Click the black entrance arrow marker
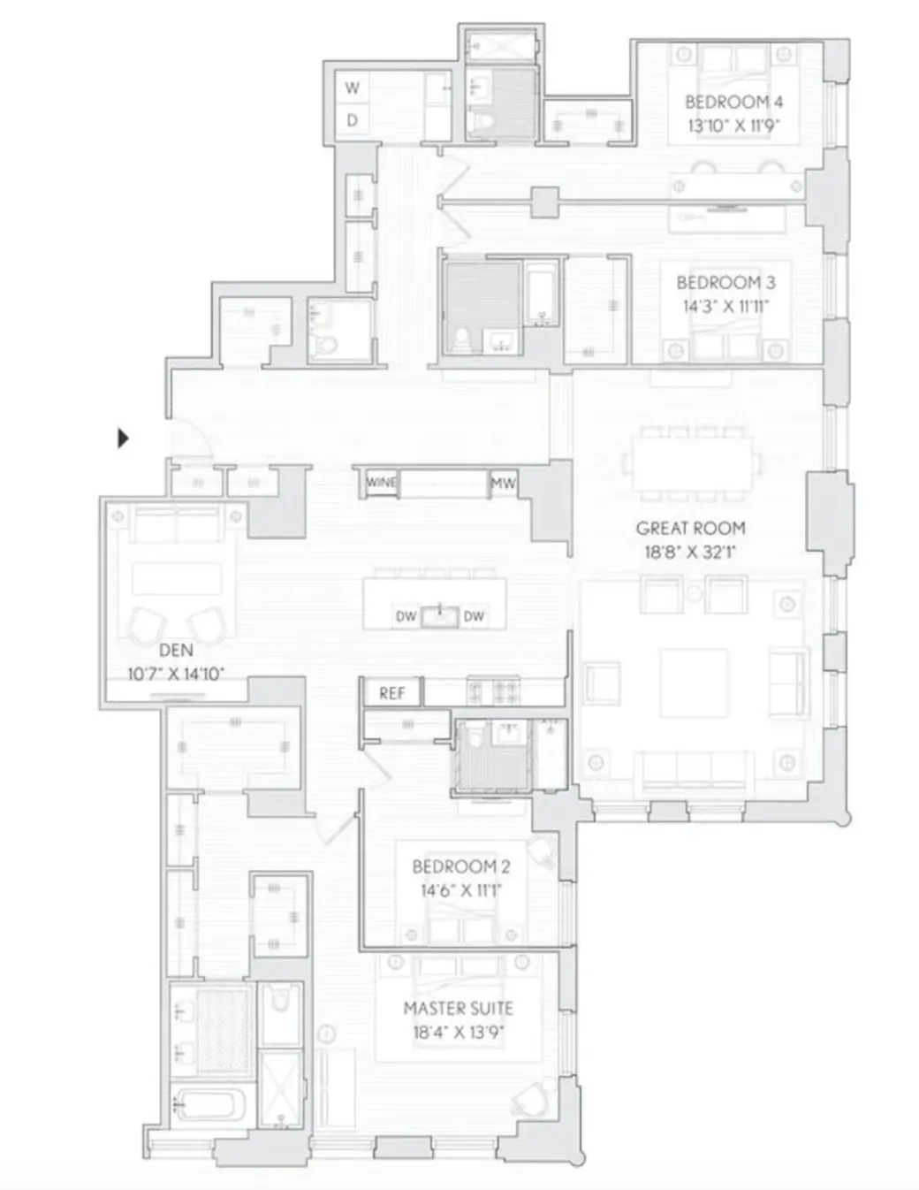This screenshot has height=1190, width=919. pyautogui.click(x=124, y=438)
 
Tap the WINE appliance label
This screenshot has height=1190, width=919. pyautogui.click(x=382, y=483)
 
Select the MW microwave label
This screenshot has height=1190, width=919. pyautogui.click(x=503, y=484)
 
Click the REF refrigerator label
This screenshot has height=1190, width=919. pyautogui.click(x=391, y=693)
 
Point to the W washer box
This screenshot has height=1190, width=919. pyautogui.click(x=353, y=88)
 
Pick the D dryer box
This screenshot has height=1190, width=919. pyautogui.click(x=353, y=120)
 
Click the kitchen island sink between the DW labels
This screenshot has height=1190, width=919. pyautogui.click(x=439, y=615)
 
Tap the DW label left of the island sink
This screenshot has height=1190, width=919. pyautogui.click(x=406, y=616)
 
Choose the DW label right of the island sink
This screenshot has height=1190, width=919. pyautogui.click(x=474, y=616)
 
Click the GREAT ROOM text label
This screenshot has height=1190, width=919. pyautogui.click(x=690, y=528)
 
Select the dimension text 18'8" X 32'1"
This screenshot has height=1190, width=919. pyautogui.click(x=690, y=553)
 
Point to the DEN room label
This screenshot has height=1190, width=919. pyautogui.click(x=176, y=650)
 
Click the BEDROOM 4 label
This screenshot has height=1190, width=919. pyautogui.click(x=733, y=102)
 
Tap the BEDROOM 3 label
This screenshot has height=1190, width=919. pyautogui.click(x=725, y=283)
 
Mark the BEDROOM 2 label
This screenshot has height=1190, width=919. pyautogui.click(x=460, y=866)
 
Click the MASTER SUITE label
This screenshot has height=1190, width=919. pyautogui.click(x=458, y=1008)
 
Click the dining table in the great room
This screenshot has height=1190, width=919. pyautogui.click(x=691, y=463)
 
